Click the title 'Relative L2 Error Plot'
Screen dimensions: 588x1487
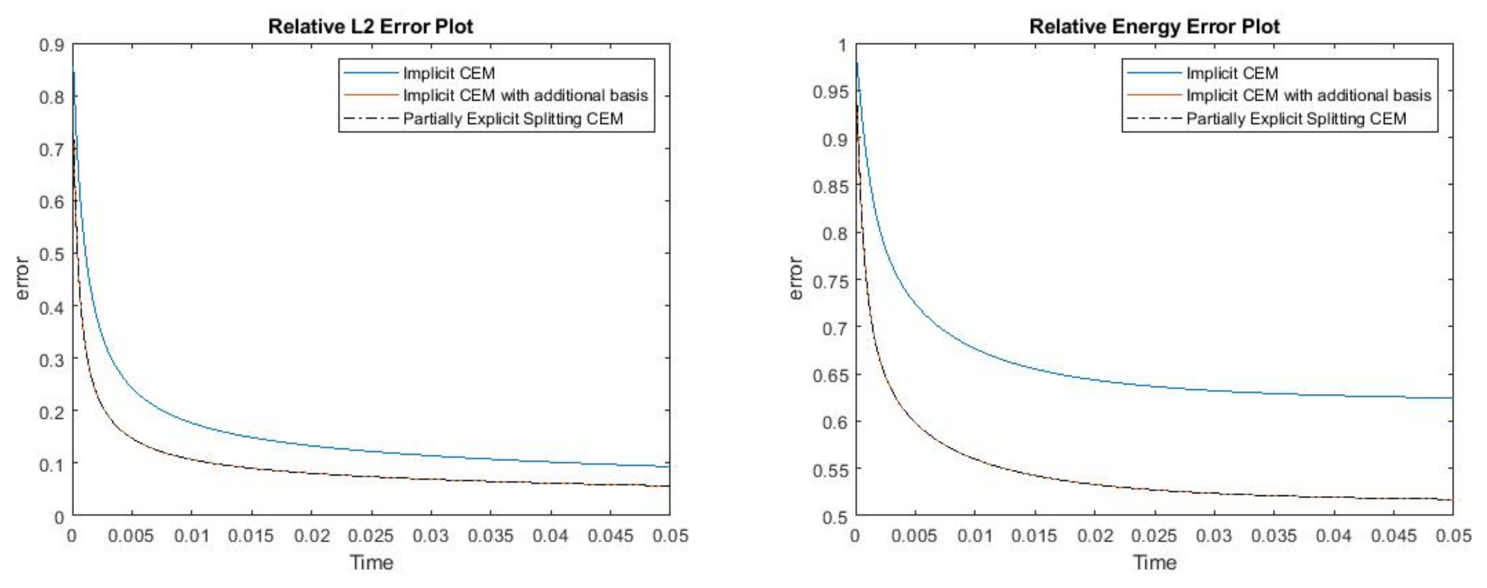click(x=370, y=27)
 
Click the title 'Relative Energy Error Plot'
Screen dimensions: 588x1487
click(x=1155, y=27)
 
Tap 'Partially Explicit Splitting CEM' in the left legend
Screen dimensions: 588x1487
click(x=513, y=119)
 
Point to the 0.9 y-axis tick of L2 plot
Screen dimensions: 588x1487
click(x=51, y=45)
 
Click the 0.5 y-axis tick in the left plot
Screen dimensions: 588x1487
click(x=51, y=254)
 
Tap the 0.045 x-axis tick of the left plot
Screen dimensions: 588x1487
click(x=610, y=536)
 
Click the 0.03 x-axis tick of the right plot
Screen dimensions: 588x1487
click(x=1214, y=536)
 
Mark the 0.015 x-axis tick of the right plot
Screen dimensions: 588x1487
click(x=1034, y=536)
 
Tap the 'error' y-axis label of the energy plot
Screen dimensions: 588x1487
click(x=795, y=278)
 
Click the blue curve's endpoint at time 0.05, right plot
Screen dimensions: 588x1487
click(x=1452, y=398)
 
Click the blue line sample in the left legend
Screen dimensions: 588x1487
click(x=370, y=73)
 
